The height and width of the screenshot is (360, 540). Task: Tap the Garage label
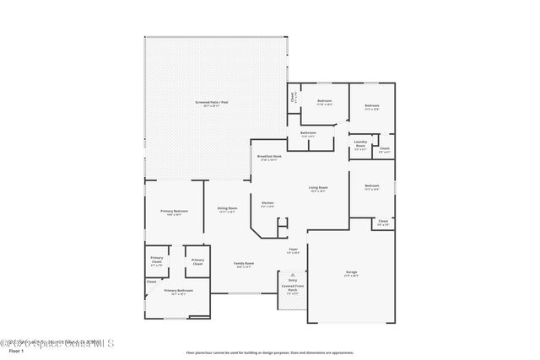[351, 272]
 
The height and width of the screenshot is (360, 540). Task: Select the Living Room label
[318, 189]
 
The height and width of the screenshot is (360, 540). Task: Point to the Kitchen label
[267, 204]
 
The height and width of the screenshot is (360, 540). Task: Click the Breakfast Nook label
[270, 158]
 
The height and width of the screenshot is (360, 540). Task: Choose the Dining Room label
[227, 210]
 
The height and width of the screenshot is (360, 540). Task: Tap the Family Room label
[244, 265]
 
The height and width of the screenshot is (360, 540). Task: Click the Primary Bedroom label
[174, 212]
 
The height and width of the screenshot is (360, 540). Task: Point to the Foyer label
[294, 250]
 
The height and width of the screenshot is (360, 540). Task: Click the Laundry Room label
[359, 144]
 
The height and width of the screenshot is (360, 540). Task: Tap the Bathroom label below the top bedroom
[308, 133]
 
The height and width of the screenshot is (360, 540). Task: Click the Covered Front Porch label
[293, 290]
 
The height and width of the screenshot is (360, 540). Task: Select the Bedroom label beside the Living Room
[371, 187]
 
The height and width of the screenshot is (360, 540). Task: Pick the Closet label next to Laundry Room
[384, 150]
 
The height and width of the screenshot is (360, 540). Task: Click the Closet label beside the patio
[294, 97]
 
